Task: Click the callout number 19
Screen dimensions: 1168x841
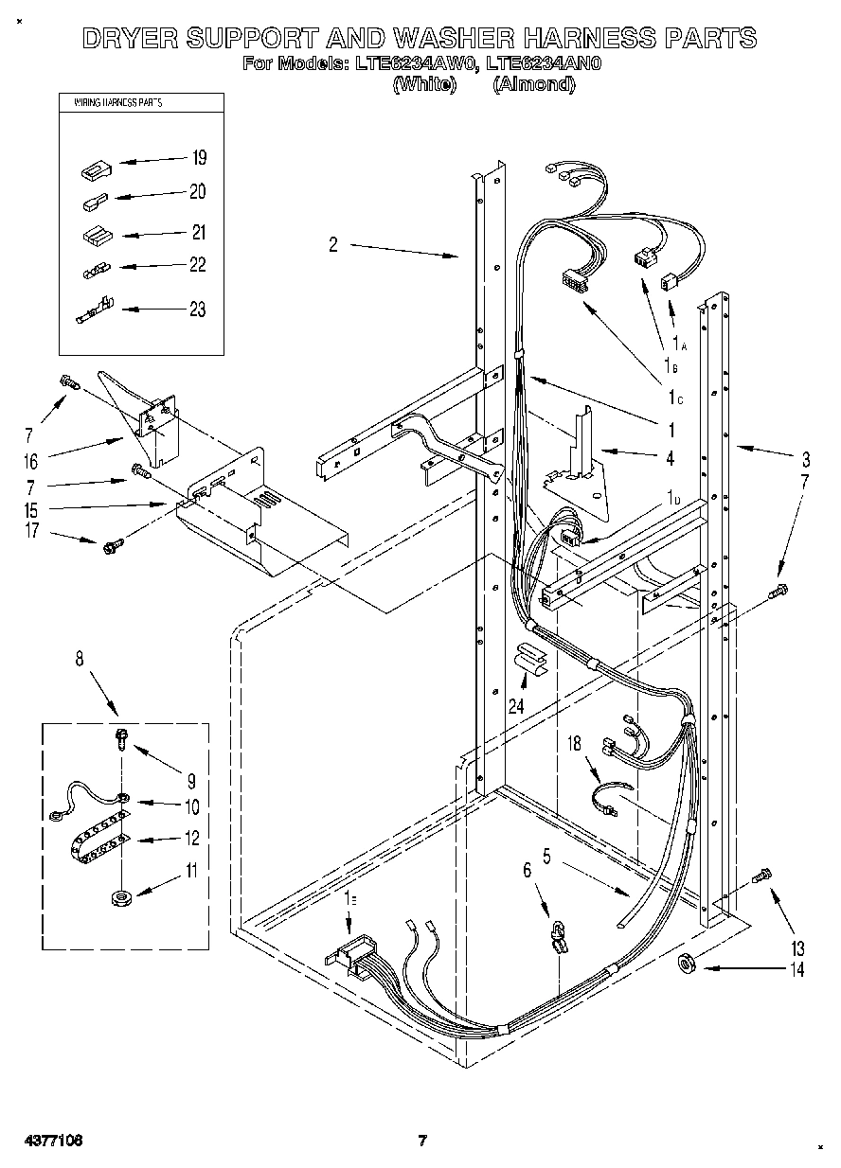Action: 199,157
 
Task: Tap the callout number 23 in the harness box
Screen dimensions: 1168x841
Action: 197,310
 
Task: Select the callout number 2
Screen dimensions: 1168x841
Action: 333,245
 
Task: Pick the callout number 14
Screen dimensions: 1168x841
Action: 796,969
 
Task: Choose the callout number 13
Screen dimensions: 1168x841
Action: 796,948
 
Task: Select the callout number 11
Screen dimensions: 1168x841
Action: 192,870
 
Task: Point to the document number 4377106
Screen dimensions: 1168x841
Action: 48,1141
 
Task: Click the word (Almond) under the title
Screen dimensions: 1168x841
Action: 534,84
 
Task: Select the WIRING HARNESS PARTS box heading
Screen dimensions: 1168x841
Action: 110,101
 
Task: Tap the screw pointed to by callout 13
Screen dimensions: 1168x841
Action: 761,876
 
